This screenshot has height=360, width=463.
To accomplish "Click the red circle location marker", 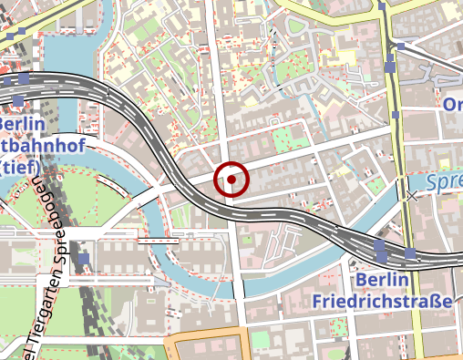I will pyautogui.click(x=231, y=180).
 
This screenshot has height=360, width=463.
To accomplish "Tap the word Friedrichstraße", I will pyautogui.click(x=382, y=301).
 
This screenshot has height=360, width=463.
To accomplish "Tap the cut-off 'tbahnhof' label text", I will pyautogui.click(x=31, y=145).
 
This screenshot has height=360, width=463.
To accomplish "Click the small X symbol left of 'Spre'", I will pyautogui.click(x=412, y=195).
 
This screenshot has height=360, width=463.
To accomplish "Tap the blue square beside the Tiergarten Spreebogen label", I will pyautogui.click(x=84, y=259).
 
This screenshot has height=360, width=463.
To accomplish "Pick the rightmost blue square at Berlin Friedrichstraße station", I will pyautogui.click(x=411, y=252).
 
